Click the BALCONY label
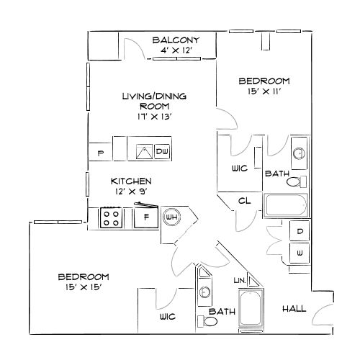(x=176, y=40)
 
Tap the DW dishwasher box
(x=162, y=151)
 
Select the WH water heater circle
(x=172, y=217)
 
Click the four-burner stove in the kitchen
(x=112, y=217)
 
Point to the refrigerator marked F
(x=146, y=217)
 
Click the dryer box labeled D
(x=300, y=231)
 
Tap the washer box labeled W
(x=300, y=253)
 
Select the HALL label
(x=294, y=309)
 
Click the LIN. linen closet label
(x=240, y=280)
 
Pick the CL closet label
(x=245, y=201)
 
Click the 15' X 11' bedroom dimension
(x=264, y=91)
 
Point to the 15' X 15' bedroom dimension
(x=84, y=287)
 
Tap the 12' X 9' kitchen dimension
(x=131, y=192)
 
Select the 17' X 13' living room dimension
(x=155, y=117)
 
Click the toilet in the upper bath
(x=297, y=181)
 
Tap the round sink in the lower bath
(x=204, y=292)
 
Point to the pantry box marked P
(x=101, y=152)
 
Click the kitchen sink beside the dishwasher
(x=144, y=151)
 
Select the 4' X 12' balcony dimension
(x=176, y=50)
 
